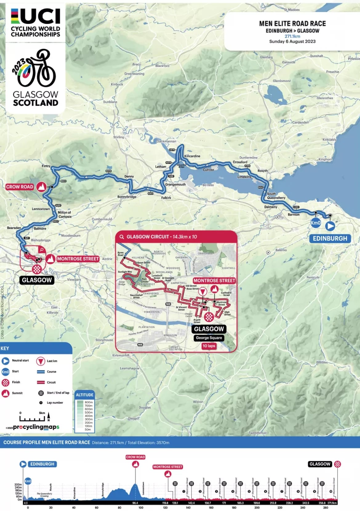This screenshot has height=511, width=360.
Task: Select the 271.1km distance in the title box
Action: (292, 36)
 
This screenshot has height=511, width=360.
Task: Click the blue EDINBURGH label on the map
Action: (330, 239)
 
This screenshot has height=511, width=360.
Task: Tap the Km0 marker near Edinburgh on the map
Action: (315, 223)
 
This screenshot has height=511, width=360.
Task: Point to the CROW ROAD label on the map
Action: (20, 187)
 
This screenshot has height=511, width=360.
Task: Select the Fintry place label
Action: (46, 166)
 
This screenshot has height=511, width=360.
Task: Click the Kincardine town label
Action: (192, 156)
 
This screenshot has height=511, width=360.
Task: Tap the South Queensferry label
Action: (276, 196)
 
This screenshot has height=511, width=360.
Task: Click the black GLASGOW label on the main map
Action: (37, 280)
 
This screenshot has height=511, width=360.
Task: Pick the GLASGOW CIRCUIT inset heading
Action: (162, 237)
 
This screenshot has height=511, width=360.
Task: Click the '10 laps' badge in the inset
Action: (209, 346)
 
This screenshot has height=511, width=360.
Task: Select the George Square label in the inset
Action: (209, 338)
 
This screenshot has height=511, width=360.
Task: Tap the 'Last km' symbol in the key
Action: (41, 361)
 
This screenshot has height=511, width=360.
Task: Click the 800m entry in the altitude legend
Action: (88, 402)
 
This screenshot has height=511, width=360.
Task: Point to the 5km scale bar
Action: (32, 418)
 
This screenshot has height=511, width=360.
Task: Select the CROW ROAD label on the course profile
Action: (135, 457)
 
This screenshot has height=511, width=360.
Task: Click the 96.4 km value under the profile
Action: (135, 503)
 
